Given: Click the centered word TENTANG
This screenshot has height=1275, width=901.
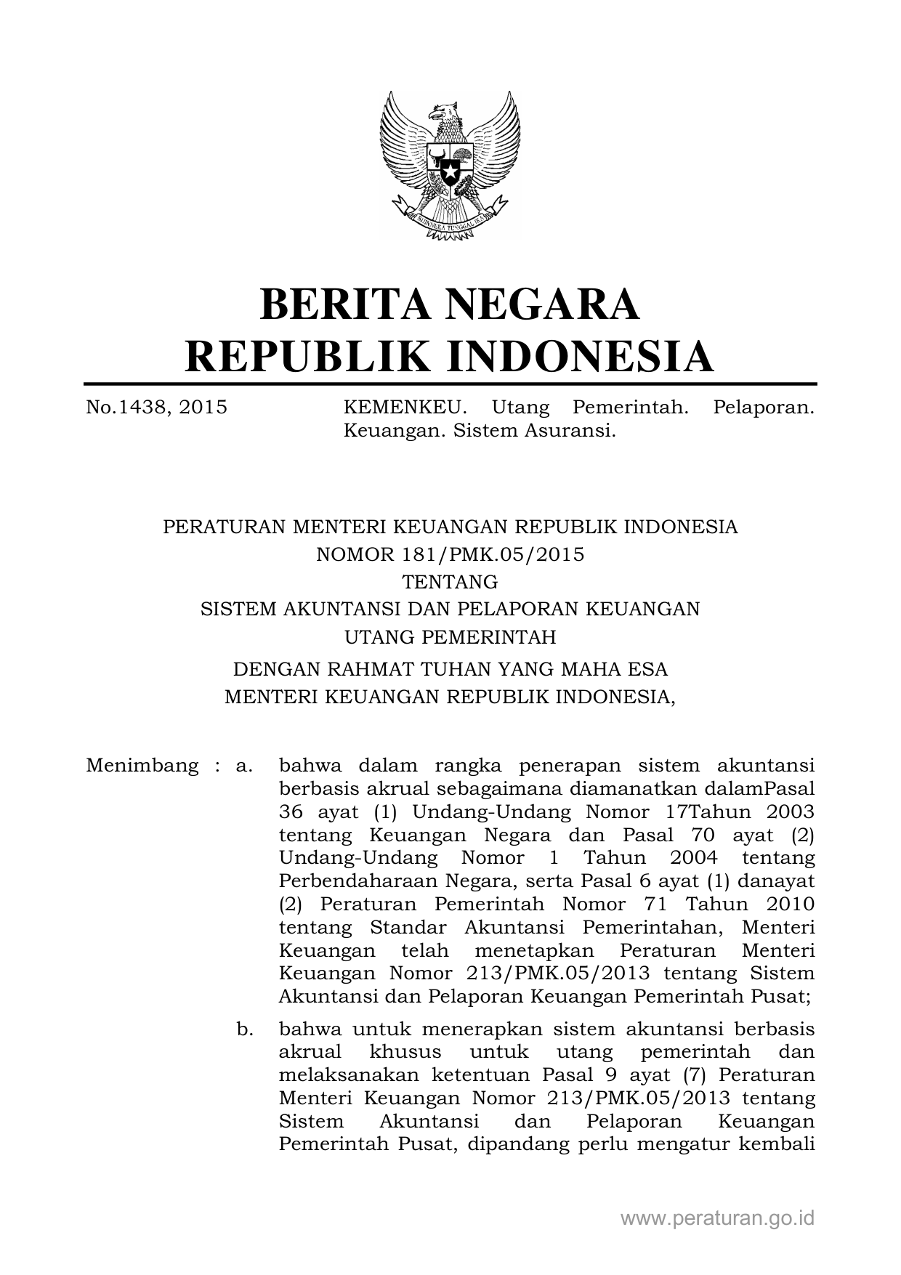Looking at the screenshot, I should click(x=450, y=582).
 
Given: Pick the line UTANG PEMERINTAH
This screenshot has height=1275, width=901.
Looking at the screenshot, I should click(x=450, y=637).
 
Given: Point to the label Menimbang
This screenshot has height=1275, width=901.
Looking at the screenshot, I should click(x=142, y=766).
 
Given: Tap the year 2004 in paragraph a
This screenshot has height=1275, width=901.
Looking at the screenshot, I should click(x=693, y=858).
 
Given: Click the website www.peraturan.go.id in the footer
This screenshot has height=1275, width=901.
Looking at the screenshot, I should click(x=717, y=1218).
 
